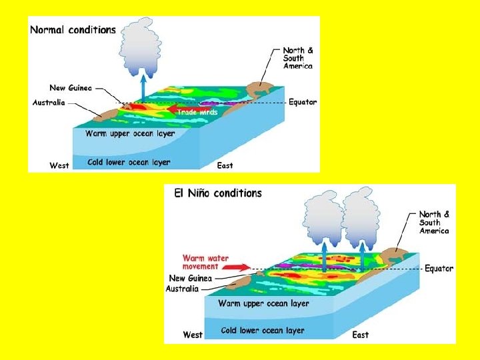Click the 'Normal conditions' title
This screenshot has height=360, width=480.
[x=73, y=30]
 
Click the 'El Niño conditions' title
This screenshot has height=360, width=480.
[x=218, y=193]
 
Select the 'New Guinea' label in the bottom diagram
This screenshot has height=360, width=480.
[x=191, y=279]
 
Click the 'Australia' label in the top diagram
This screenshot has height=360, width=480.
[x=49, y=103]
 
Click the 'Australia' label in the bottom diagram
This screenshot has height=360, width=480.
[x=182, y=289]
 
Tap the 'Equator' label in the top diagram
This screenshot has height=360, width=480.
[x=303, y=103]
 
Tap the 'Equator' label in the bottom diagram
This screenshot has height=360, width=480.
[x=439, y=269]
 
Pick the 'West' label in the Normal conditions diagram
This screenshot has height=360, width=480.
[x=59, y=165]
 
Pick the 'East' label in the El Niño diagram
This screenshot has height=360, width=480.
[x=361, y=335]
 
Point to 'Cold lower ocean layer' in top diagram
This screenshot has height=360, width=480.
[x=129, y=162]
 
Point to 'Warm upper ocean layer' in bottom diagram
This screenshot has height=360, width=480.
[x=263, y=303]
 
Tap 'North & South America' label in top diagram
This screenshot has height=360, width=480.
[x=298, y=58]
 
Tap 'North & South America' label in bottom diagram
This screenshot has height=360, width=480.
[x=434, y=222]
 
